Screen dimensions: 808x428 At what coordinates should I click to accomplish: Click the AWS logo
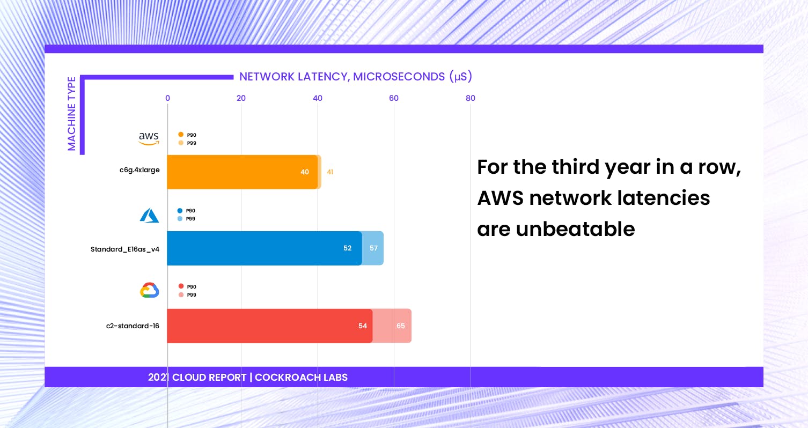click(x=149, y=138)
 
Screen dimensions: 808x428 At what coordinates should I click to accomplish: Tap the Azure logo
click(x=149, y=215)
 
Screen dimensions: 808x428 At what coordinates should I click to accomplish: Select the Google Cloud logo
click(x=149, y=290)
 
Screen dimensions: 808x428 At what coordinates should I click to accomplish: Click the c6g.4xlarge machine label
click(x=139, y=170)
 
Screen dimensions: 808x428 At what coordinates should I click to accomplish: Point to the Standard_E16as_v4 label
click(x=125, y=249)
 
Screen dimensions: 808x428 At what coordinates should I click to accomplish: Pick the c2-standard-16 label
click(x=133, y=326)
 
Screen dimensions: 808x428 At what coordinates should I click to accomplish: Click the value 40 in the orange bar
click(x=305, y=172)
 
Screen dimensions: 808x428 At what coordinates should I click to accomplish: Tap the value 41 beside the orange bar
click(x=330, y=172)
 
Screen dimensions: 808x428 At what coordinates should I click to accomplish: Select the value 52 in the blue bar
click(x=347, y=248)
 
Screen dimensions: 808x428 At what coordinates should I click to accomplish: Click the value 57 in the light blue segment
click(x=374, y=248)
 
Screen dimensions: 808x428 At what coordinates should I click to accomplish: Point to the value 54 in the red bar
click(x=363, y=326)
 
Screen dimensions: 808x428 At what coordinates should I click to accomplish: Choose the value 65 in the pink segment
click(x=401, y=326)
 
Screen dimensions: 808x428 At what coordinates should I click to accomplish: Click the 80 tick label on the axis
click(x=471, y=98)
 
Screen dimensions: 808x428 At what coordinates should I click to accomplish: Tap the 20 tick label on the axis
click(x=241, y=98)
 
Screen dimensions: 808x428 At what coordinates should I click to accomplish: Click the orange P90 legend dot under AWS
click(x=181, y=135)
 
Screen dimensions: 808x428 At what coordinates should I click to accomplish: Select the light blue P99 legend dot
click(x=180, y=218)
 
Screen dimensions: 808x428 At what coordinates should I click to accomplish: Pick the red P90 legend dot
click(x=181, y=286)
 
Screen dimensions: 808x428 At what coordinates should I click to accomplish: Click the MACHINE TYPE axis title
click(x=72, y=114)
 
